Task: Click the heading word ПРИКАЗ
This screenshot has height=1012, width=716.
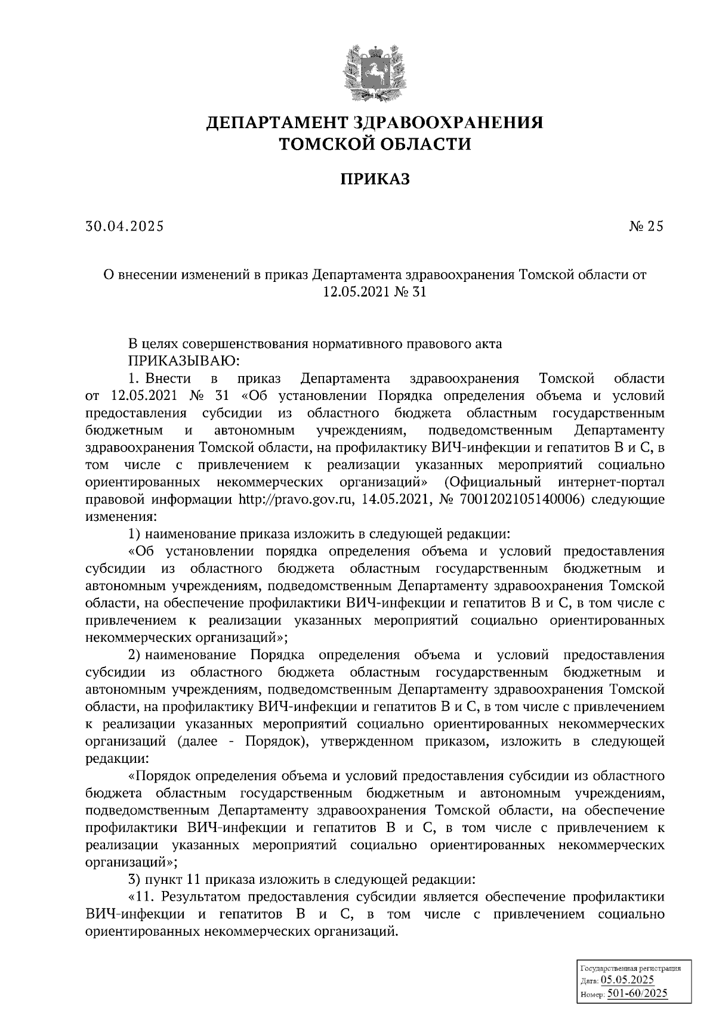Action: tap(375, 179)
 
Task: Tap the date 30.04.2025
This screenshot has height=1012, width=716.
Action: tap(124, 226)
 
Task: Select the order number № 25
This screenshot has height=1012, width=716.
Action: tap(646, 226)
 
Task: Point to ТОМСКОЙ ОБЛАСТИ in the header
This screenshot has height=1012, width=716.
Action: tap(375, 144)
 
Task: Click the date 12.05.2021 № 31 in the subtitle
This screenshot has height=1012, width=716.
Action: tap(375, 292)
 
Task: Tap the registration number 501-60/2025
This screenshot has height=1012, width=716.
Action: tap(637, 994)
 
